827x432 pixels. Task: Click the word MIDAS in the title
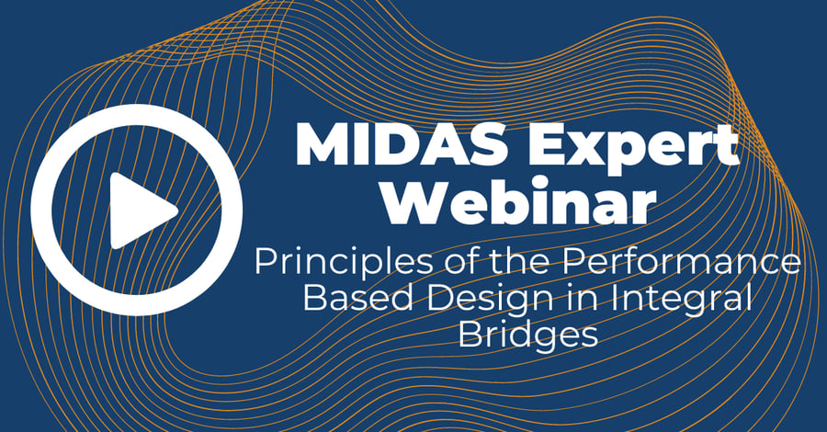click(395, 145)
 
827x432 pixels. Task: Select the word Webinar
click(518, 202)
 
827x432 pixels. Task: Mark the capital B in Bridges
click(469, 334)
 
